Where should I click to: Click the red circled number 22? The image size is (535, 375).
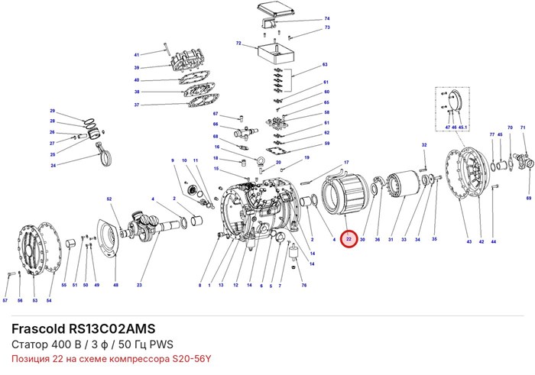(x=349, y=239)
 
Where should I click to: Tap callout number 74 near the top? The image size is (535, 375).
(x=327, y=18)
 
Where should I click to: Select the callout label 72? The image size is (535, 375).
(x=238, y=44)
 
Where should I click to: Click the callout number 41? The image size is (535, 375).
(x=137, y=55)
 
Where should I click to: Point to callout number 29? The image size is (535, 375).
(x=52, y=111)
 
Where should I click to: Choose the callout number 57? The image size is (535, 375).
(x=5, y=301)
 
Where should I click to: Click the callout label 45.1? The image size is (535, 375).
(x=462, y=127)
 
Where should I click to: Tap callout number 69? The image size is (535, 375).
(x=529, y=198)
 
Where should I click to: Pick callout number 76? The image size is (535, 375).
(x=304, y=285)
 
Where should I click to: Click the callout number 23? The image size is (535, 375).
(x=139, y=285)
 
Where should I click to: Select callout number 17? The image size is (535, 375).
(x=346, y=162)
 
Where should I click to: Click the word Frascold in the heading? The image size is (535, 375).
(x=38, y=328)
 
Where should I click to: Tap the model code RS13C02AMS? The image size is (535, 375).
(x=112, y=328)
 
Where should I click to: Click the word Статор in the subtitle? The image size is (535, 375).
(x=30, y=344)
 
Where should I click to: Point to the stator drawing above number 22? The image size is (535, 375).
(x=345, y=195)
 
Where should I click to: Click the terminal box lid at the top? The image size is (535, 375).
(x=276, y=9)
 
